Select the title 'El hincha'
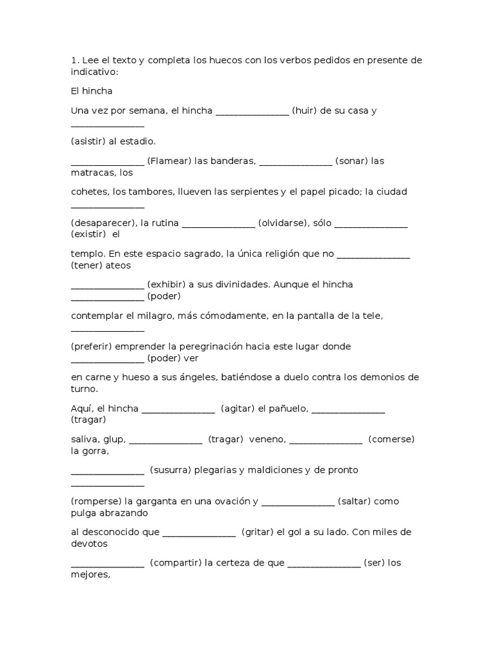click(x=91, y=91)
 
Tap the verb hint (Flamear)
click(x=169, y=161)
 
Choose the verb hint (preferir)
click(x=91, y=347)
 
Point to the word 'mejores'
click(x=90, y=574)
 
